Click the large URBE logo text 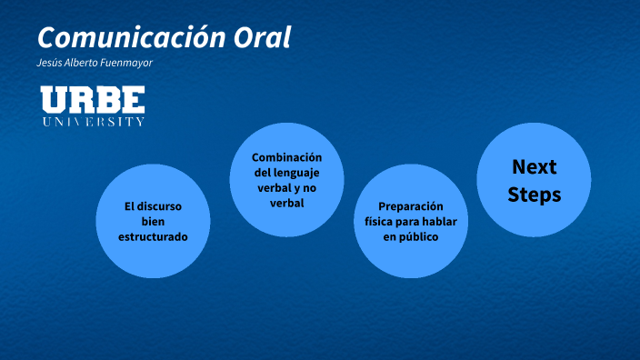click(93, 100)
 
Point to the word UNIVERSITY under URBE click(93, 122)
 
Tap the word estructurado click(153, 236)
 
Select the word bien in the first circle click(153, 221)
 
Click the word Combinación click(287, 156)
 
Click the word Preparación click(410, 205)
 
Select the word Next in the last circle click(535, 166)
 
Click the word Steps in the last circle click(535, 194)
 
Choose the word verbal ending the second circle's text click(287, 203)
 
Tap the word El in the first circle click(130, 205)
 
